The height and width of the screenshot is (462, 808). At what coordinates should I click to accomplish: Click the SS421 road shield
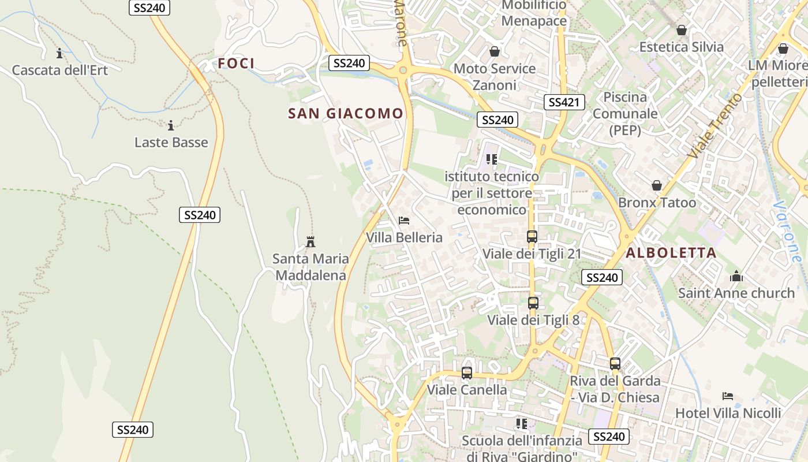564,102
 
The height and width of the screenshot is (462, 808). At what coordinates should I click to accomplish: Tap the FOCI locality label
236,64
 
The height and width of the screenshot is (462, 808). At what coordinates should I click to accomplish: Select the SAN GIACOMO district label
345,114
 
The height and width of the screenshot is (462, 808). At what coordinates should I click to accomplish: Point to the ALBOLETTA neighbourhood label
671,252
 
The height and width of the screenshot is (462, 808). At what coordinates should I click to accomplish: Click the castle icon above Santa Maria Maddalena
311,241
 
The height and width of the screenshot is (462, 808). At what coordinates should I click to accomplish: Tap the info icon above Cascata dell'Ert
59,54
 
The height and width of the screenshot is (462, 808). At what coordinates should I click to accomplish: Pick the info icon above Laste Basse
171,125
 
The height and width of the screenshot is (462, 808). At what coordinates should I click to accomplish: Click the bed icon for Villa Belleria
404,220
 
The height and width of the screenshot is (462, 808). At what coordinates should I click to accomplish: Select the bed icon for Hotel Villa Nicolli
728,396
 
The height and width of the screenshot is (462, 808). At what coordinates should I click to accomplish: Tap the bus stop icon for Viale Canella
467,373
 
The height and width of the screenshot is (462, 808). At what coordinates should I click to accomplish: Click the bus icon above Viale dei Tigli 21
532,237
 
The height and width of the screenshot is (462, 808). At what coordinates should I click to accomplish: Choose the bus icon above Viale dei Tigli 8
533,303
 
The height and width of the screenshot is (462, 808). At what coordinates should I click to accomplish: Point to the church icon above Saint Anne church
736,276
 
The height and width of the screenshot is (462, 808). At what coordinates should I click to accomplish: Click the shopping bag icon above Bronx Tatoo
657,185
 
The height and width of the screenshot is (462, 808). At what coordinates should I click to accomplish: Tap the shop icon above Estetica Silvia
682,30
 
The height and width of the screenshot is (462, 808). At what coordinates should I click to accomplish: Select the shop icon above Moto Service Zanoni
495,52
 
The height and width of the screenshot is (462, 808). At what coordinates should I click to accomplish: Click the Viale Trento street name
714,126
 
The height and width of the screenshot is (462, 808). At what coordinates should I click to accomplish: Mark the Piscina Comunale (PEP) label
625,113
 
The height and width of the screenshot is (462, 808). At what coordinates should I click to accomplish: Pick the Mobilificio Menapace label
534,14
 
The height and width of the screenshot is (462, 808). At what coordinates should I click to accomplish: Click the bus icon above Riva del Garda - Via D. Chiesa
615,364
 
